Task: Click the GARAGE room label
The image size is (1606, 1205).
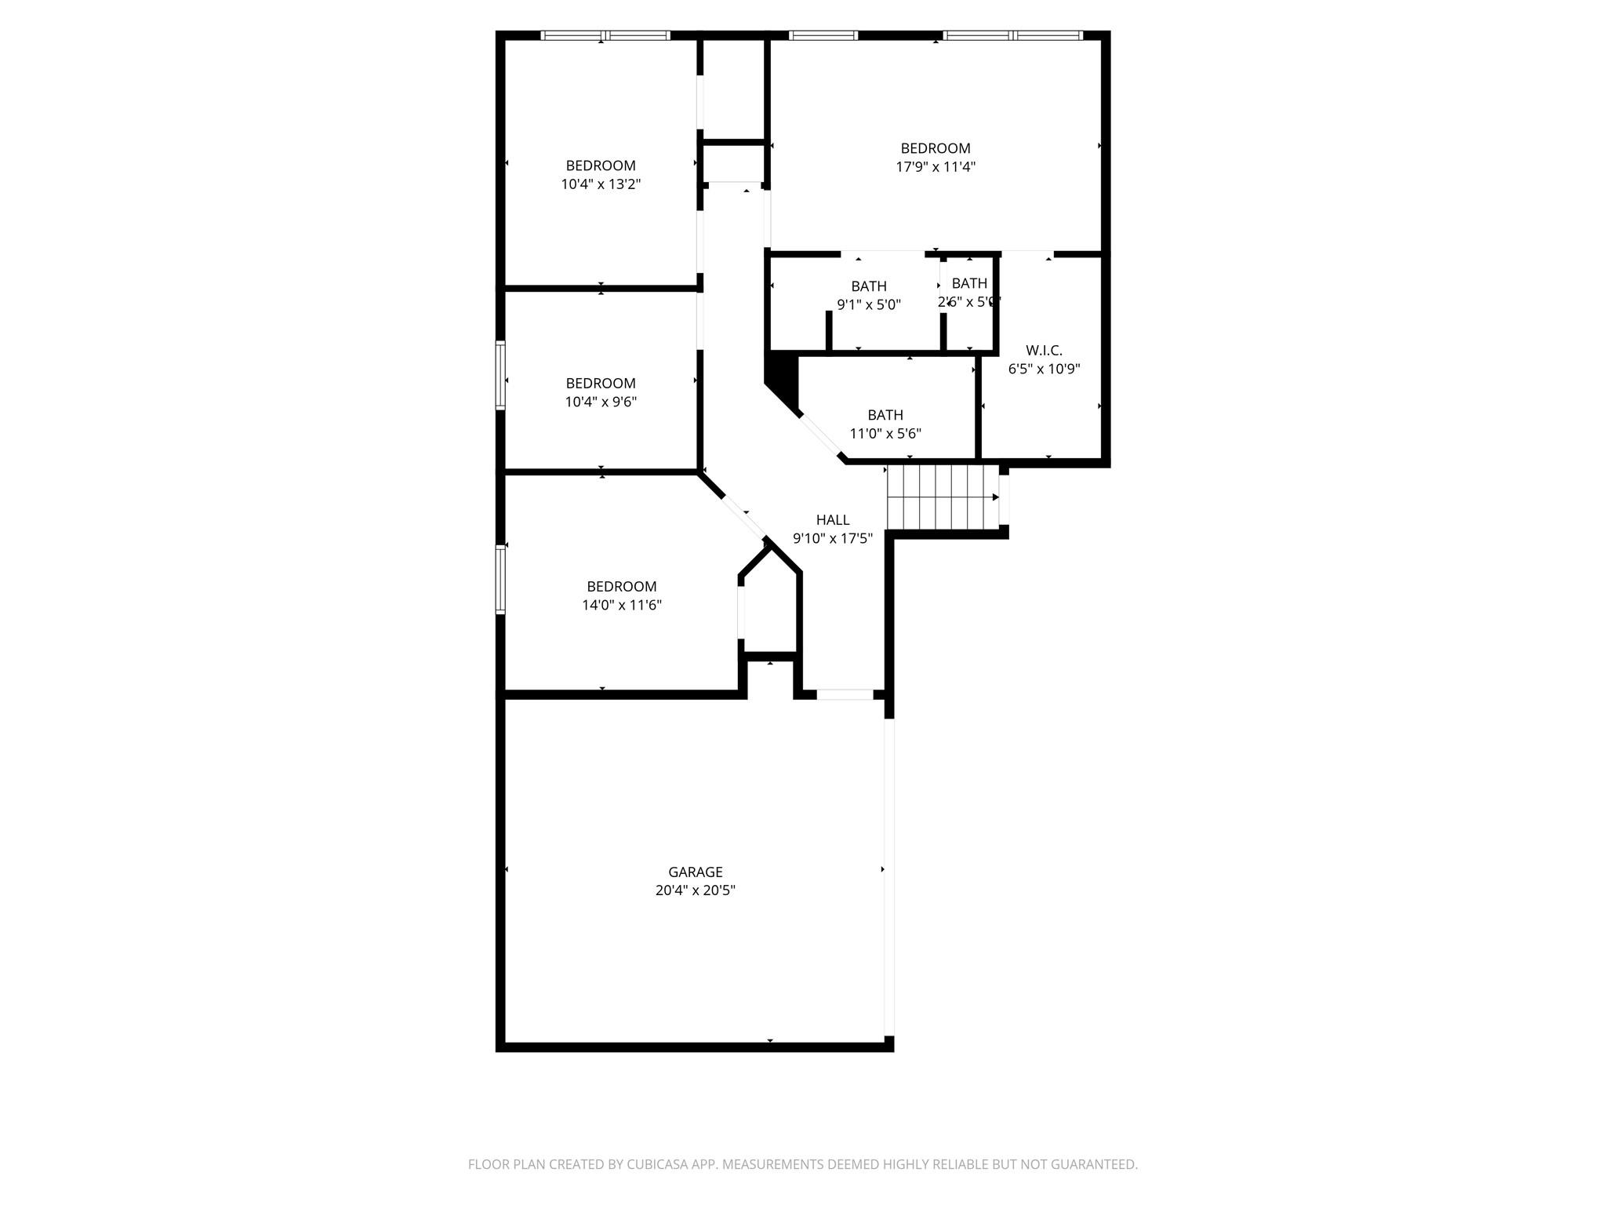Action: pos(695,872)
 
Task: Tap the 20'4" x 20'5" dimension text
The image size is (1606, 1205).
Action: pos(695,890)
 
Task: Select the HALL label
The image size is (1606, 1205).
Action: pos(832,519)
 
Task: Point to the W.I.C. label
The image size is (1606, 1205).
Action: pos(1044,351)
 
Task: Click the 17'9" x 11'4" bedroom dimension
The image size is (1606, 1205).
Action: pos(936,167)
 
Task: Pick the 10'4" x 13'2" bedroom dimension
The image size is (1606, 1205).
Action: pos(601,184)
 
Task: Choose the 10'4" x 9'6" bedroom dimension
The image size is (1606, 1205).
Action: pos(601,402)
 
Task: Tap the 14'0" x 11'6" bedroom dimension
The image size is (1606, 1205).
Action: pos(621,605)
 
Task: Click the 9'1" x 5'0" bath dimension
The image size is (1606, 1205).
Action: pos(869,304)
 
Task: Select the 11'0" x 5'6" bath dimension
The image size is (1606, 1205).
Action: pos(885,433)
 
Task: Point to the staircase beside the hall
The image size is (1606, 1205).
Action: pos(941,497)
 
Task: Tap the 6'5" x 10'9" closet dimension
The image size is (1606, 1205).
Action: pos(1044,369)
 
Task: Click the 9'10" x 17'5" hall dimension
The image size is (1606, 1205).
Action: pos(832,538)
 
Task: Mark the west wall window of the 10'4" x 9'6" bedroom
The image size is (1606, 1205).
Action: pos(500,375)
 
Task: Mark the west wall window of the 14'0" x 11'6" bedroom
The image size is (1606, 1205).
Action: pos(500,579)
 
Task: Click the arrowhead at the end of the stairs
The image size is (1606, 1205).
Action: pos(996,497)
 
